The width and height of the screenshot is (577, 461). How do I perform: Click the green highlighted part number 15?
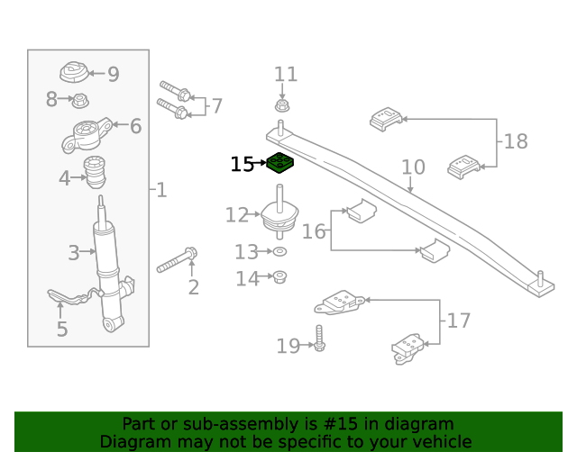tap(281, 164)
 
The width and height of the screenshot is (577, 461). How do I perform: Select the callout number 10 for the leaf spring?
tap(413, 167)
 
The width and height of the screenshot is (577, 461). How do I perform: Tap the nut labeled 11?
tap(282, 105)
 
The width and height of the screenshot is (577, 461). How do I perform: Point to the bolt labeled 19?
tap(319, 340)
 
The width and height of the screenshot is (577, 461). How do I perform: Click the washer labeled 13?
tap(280, 251)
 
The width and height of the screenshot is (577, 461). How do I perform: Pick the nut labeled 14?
tap(280, 276)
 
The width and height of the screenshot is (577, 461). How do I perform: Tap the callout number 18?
tap(516, 141)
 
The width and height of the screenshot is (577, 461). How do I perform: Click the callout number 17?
tap(459, 320)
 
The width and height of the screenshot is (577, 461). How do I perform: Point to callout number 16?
tap(314, 231)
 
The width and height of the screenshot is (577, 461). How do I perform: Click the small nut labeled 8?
tap(79, 99)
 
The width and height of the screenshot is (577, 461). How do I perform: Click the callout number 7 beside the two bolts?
tap(216, 106)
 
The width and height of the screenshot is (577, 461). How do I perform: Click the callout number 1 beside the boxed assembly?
tap(161, 190)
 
